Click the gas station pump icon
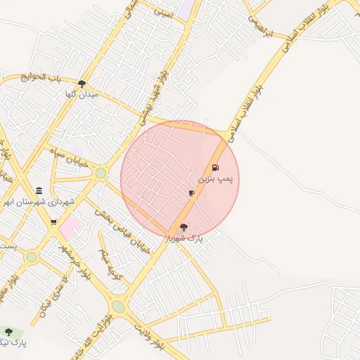point(214,168)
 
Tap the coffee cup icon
point(191,193)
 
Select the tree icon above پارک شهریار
point(184,227)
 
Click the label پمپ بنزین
point(214,180)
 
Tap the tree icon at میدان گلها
point(82,84)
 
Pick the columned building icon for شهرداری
point(39,191)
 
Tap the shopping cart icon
point(53,222)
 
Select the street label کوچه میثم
point(111,264)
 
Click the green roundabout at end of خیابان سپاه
point(101,173)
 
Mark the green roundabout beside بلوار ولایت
point(118,307)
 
